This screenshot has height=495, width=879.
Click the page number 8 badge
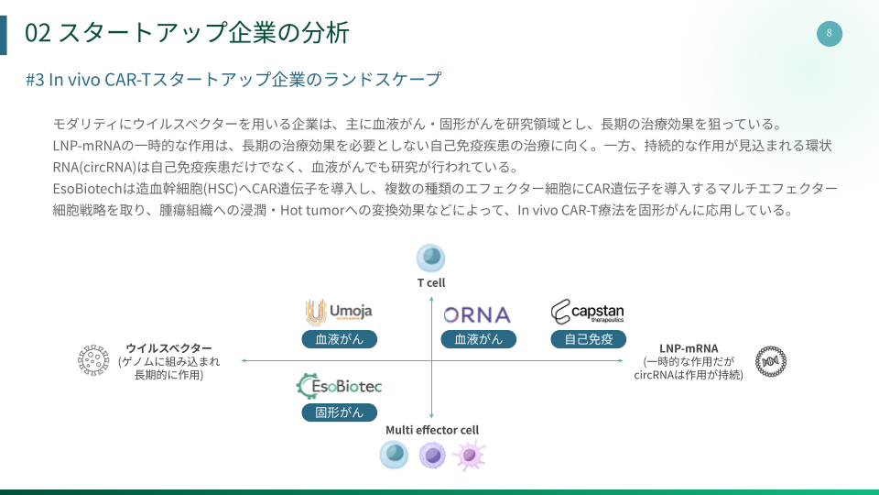[829, 34]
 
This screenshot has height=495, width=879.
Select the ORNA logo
[477, 314]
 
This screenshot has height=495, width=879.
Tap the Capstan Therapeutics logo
[588, 313]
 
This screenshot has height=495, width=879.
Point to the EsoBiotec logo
[340, 386]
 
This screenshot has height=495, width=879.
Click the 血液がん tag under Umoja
[340, 339]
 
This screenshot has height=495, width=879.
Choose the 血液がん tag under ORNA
[479, 339]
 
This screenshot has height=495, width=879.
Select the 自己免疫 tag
[589, 339]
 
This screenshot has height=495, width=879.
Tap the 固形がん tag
[340, 412]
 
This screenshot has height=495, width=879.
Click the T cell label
[431, 282]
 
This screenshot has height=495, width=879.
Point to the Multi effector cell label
[432, 430]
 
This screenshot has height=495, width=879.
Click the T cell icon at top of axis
[431, 258]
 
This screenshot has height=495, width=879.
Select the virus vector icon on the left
[92, 361]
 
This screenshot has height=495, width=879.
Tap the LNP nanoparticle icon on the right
[771, 361]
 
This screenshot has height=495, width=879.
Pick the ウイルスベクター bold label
[168, 348]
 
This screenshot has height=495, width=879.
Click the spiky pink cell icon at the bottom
[470, 455]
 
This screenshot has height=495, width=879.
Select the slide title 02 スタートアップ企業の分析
[187, 33]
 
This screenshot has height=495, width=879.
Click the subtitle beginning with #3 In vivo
[233, 80]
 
